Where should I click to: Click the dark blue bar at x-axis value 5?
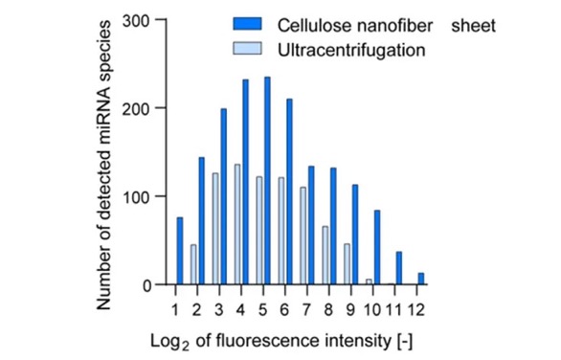267,181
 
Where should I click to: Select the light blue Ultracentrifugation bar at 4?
237,224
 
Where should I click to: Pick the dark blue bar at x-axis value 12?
421,279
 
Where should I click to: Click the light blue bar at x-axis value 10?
369,282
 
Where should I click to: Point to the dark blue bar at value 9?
355,235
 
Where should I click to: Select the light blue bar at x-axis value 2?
193,265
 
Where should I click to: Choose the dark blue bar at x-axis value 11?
399,268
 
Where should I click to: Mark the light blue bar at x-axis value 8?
325,256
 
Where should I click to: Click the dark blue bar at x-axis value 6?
289,191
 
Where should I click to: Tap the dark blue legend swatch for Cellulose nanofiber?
247,24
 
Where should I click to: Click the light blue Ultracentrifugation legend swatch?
247,48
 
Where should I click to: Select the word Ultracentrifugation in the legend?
351,50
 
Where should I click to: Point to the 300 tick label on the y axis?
136,21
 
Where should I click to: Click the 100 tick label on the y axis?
136,196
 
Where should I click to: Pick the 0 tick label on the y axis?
147,286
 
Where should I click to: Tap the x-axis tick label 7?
306,309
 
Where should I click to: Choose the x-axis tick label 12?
416,309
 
